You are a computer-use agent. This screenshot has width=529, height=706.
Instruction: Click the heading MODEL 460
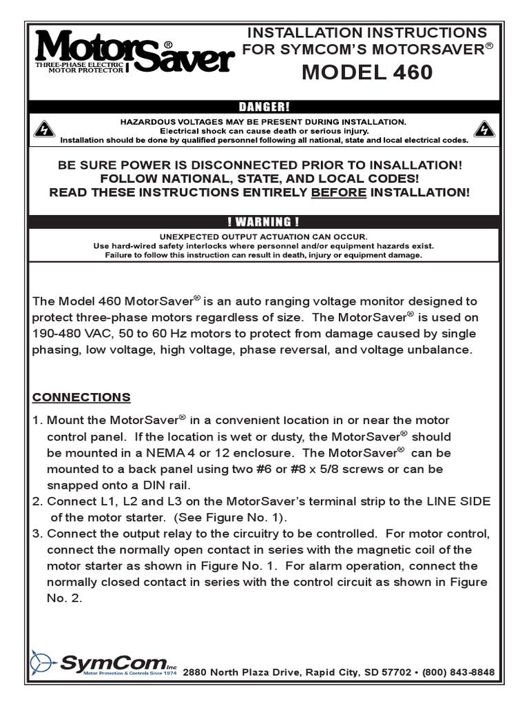366,72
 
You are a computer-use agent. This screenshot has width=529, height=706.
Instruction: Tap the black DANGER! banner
264,106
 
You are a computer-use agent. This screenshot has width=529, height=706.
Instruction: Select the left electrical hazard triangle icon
43,129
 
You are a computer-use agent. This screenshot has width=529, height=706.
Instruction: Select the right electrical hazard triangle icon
485,129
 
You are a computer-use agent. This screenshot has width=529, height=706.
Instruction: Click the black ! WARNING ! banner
264,221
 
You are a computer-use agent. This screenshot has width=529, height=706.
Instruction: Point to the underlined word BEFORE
339,192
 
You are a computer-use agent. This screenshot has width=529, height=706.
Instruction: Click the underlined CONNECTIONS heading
81,397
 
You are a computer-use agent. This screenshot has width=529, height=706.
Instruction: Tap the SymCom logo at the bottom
103,663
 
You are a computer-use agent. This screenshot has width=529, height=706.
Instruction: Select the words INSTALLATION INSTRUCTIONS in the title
366,32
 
